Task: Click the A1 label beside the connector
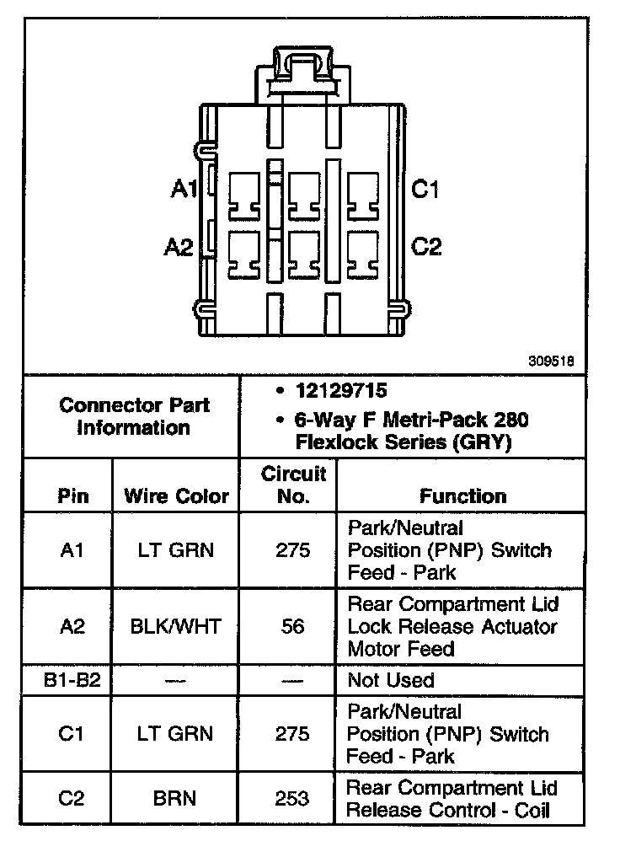(x=183, y=190)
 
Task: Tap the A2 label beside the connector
(x=179, y=247)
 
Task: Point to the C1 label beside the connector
(x=425, y=190)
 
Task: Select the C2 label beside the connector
(x=426, y=247)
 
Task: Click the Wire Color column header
(x=176, y=495)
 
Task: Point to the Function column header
(x=462, y=495)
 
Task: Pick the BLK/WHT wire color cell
(x=176, y=627)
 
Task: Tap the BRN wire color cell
(x=176, y=799)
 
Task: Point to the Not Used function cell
(x=391, y=679)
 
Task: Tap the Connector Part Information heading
(x=135, y=416)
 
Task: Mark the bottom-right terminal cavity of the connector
(x=363, y=254)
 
